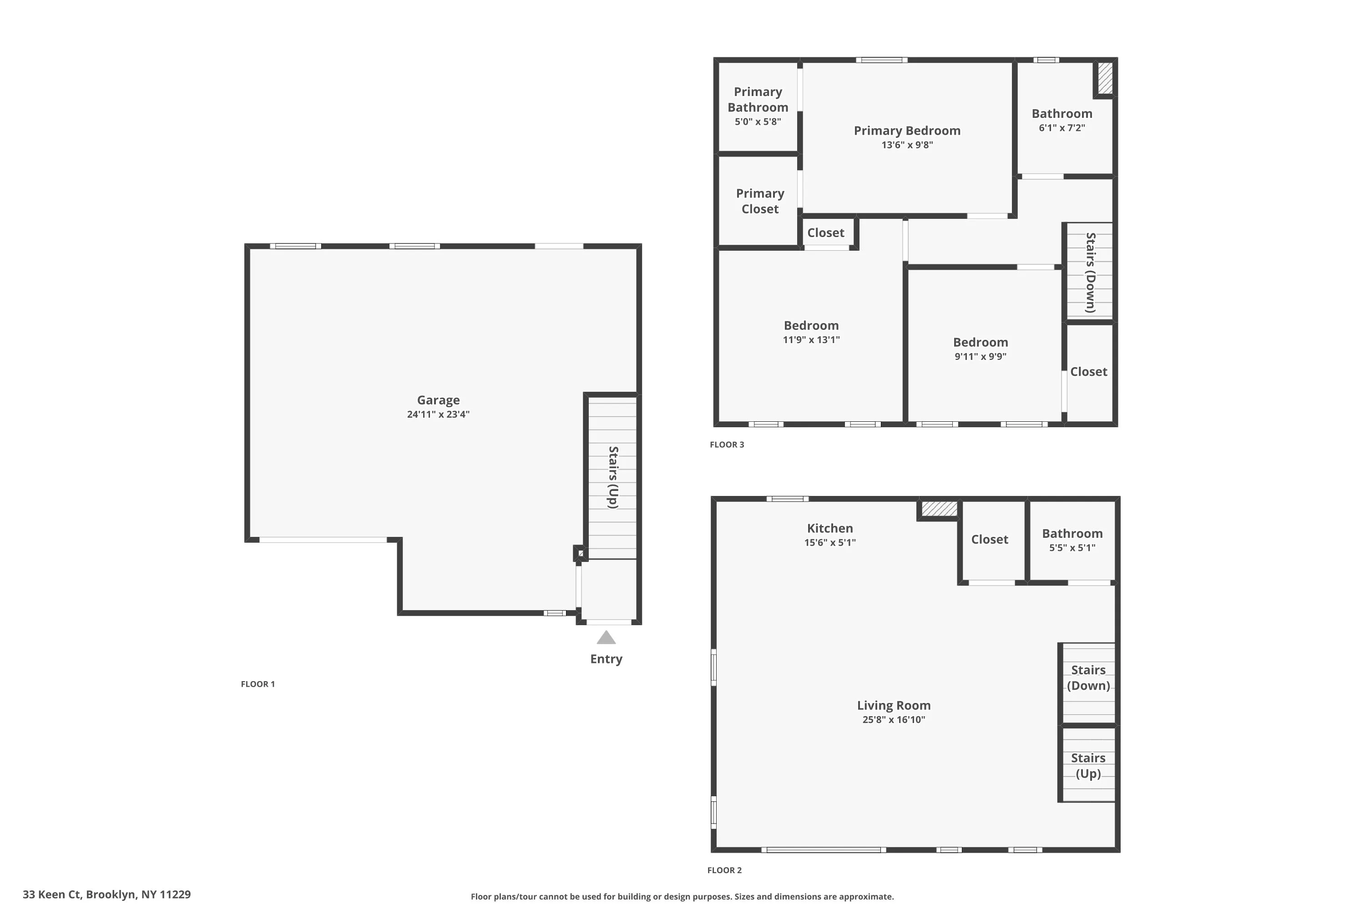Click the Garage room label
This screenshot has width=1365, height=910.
click(x=438, y=400)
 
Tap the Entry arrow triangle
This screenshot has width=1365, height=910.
click(x=606, y=638)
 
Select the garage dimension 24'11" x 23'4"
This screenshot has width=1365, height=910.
click(x=438, y=415)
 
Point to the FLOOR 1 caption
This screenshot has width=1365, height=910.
click(x=258, y=684)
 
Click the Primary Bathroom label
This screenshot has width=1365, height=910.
click(x=758, y=99)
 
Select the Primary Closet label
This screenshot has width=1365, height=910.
click(x=760, y=201)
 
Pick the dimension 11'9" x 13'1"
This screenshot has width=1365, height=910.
click(x=811, y=340)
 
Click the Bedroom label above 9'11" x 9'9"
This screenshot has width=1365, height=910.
click(x=980, y=343)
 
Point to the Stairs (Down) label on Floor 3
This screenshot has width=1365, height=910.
click(x=1091, y=272)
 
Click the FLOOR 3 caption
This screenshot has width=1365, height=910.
click(x=727, y=445)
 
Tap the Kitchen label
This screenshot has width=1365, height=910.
click(x=829, y=528)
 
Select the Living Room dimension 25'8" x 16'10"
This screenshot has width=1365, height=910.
click(x=893, y=720)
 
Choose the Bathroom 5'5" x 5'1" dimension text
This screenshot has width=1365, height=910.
click(x=1072, y=548)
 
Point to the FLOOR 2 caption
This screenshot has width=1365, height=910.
click(x=724, y=870)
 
